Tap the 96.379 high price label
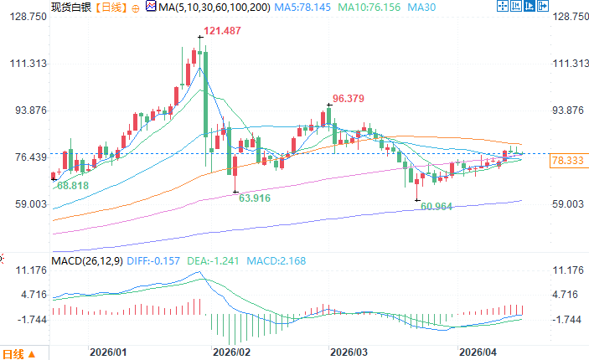(349, 98)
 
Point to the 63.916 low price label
(256, 198)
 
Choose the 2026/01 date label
(110, 353)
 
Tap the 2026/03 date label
(349, 353)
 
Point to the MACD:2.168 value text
(276, 261)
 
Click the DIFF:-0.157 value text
(154, 261)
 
